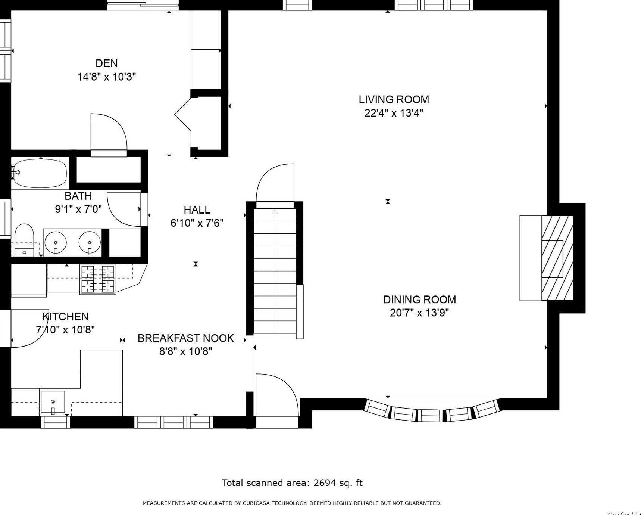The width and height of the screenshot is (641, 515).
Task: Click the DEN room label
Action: [106, 63]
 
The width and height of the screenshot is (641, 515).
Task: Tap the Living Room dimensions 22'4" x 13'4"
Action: [394, 113]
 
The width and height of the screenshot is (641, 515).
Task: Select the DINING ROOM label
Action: [419, 300]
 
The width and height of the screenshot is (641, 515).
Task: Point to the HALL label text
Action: [197, 210]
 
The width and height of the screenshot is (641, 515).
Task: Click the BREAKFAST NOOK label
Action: [185, 338]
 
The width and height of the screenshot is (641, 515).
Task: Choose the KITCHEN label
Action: [66, 317]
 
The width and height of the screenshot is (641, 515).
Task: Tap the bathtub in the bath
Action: [40, 173]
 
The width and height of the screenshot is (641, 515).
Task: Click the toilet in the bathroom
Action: [24, 239]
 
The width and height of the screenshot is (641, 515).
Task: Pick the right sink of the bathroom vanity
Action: [90, 242]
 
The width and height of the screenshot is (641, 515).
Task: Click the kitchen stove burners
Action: [98, 279]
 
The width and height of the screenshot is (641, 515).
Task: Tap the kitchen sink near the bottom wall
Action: [53, 402]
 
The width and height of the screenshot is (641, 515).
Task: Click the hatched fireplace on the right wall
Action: [557, 258]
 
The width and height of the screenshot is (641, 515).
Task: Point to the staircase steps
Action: [275, 271]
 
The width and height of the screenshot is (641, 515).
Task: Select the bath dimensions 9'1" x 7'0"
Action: [78, 209]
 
